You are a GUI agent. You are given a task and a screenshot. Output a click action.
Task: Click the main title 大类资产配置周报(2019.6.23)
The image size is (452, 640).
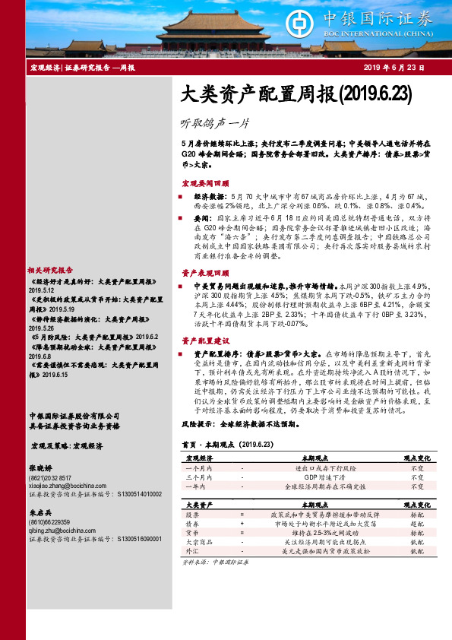[x=296, y=94]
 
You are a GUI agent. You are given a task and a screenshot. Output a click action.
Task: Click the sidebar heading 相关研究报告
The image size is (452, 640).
[x=50, y=270]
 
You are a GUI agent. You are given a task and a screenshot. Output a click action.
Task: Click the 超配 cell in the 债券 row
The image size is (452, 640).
[x=417, y=524]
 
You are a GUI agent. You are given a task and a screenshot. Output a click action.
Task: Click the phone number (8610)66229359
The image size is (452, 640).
[x=49, y=521]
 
